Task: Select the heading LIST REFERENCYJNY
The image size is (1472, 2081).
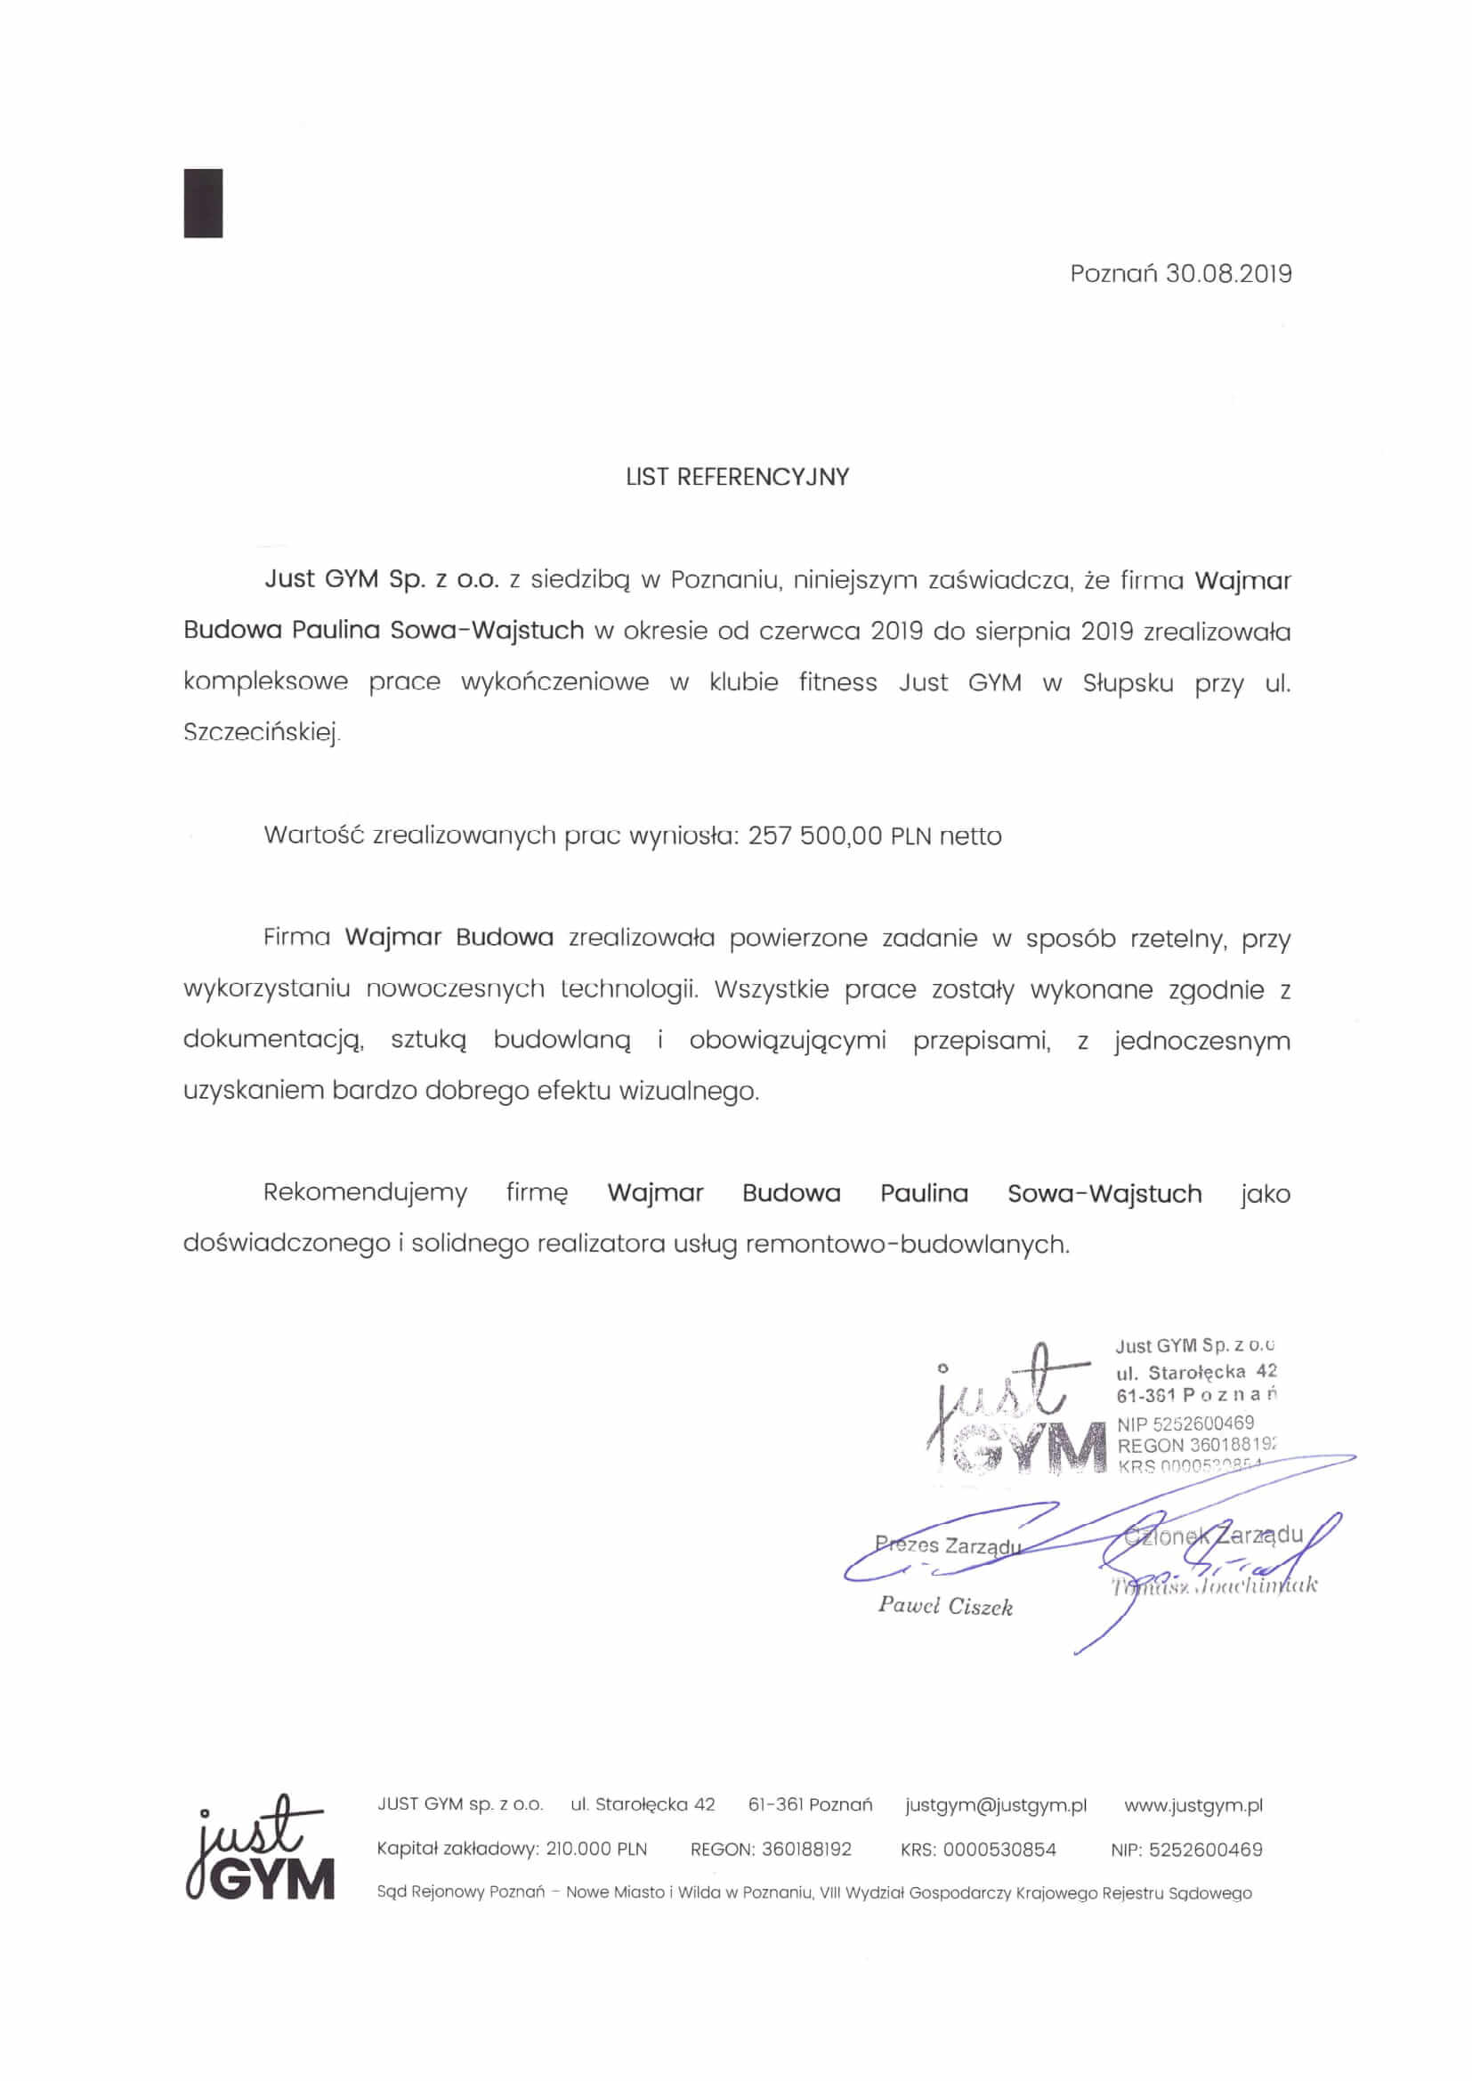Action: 737,477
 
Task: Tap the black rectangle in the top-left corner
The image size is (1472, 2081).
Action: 203,203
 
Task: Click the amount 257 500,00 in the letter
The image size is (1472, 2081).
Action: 815,835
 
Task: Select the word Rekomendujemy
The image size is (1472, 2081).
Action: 365,1193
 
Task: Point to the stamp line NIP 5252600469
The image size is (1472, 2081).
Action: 1185,1424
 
